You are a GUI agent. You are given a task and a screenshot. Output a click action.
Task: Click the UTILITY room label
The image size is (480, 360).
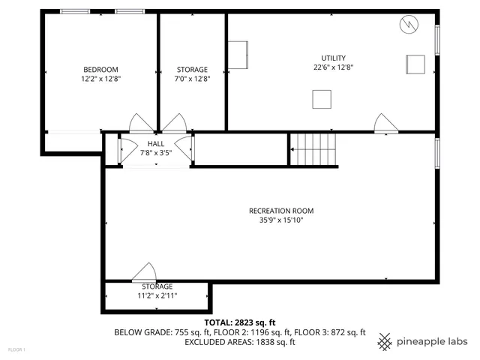click(x=334, y=58)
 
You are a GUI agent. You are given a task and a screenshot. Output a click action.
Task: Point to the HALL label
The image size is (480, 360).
click(x=156, y=143)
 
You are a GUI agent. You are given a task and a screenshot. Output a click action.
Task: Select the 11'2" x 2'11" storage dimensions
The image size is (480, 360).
click(x=157, y=295)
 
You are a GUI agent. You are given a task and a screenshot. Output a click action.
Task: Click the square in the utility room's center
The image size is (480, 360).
click(x=322, y=99)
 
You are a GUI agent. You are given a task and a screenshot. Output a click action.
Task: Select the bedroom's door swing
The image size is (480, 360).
click(x=141, y=123)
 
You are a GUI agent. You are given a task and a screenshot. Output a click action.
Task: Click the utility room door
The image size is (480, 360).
click(x=384, y=124)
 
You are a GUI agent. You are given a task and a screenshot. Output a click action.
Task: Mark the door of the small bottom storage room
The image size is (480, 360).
click(x=144, y=271)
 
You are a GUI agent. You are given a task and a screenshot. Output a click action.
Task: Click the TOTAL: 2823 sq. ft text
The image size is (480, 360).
click(x=239, y=322)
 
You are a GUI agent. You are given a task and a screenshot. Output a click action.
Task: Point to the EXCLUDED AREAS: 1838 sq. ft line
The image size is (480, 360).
click(x=240, y=342)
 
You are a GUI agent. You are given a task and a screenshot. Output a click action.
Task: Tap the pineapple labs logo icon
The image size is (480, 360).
click(x=385, y=341)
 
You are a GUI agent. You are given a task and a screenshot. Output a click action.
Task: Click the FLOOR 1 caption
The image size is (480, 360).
click(x=16, y=349)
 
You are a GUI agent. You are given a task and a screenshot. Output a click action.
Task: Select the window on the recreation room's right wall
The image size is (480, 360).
click(x=437, y=149)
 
